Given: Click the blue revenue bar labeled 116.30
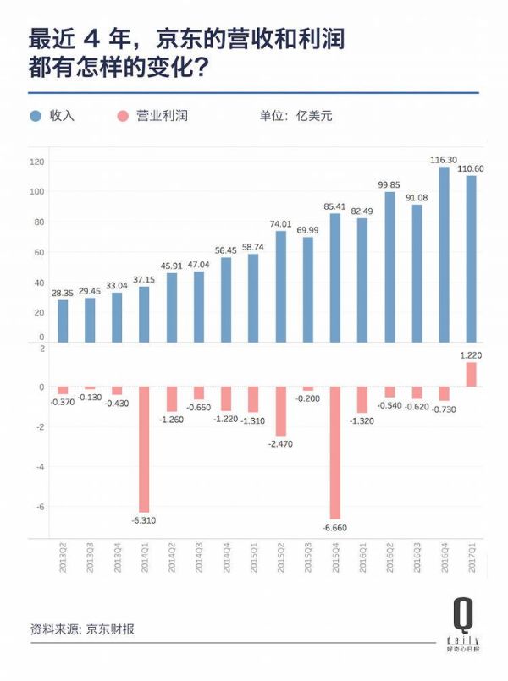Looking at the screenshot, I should click(x=444, y=254).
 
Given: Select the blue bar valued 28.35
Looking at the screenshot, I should click(x=63, y=321).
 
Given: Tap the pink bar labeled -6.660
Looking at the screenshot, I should click(x=335, y=453).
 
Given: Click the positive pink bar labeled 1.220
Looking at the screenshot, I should click(x=471, y=375).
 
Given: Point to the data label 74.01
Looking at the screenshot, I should click(x=280, y=223).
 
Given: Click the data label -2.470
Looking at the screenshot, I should click(x=280, y=443).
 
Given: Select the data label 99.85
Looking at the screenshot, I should click(x=389, y=184).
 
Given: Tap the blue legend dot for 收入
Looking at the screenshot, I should click(x=36, y=116).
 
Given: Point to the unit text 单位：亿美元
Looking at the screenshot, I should click(x=296, y=116).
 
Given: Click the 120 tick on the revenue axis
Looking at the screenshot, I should click(x=36, y=162).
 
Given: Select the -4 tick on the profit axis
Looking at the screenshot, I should click(x=40, y=466).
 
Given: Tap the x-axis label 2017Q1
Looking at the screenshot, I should click(x=472, y=560).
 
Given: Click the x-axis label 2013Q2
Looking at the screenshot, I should click(x=63, y=560).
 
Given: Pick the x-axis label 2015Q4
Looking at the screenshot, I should click(x=335, y=560).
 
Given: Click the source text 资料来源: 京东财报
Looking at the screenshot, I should click(x=82, y=629).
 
